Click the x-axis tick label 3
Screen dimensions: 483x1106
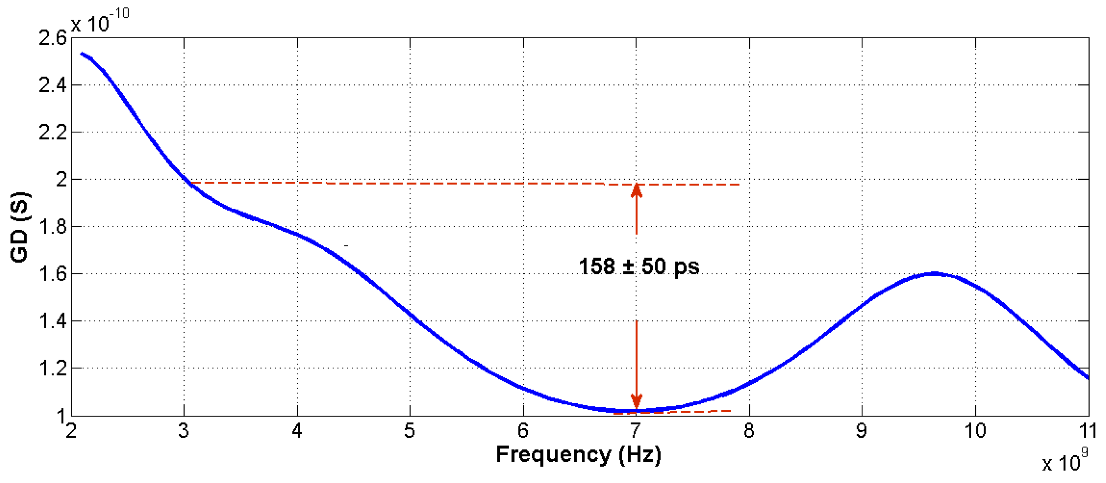click(184, 431)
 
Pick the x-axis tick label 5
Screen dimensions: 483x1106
click(410, 431)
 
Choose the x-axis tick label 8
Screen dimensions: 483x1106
click(749, 431)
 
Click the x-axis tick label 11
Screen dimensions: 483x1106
click(1088, 431)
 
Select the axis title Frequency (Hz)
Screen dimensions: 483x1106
click(578, 454)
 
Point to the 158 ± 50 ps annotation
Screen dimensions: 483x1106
click(639, 267)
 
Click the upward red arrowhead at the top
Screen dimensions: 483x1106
click(636, 190)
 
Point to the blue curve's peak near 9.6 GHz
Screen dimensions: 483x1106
click(934, 273)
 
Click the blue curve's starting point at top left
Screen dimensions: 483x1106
click(82, 54)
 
